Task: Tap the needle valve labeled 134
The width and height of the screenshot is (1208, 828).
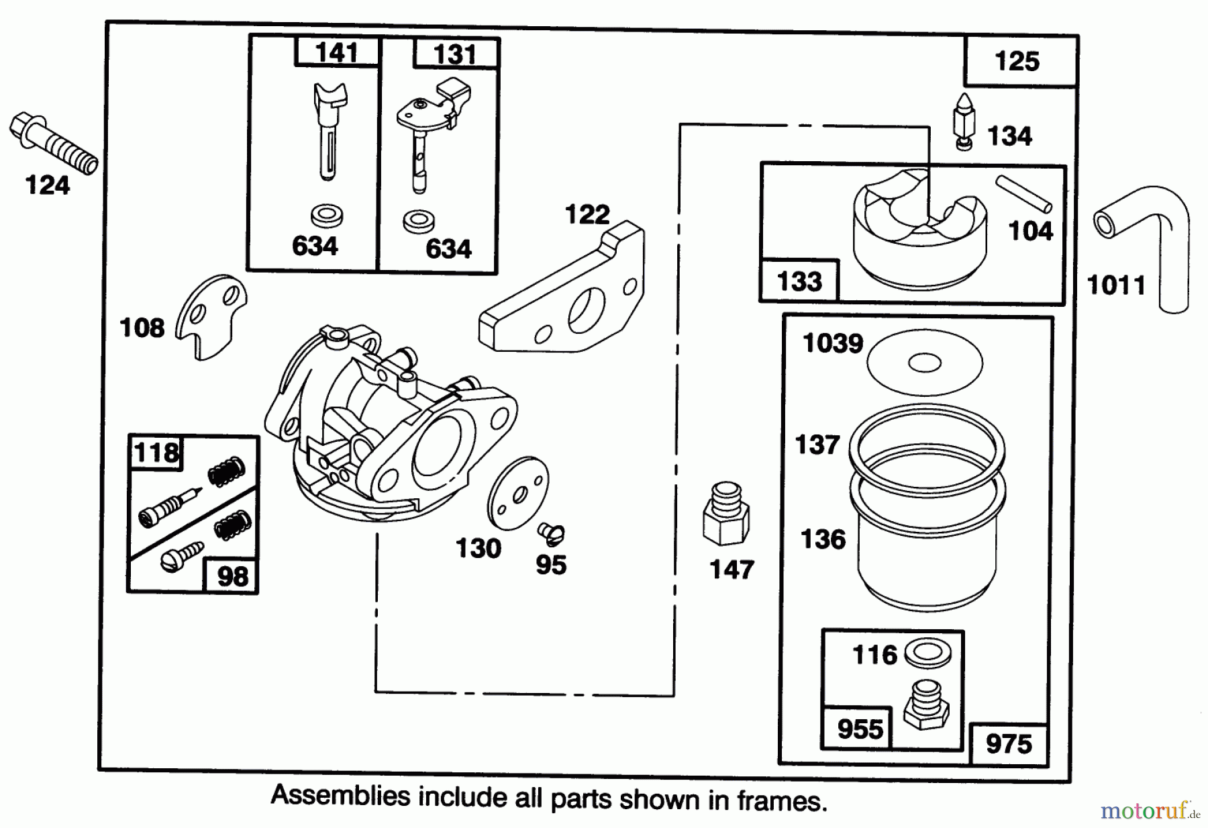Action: pyautogui.click(x=964, y=121)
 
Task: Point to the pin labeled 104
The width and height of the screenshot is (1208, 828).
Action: pyautogui.click(x=1023, y=193)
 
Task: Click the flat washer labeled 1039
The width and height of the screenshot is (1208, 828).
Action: pyautogui.click(x=924, y=363)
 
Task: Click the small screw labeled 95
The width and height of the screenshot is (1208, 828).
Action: pyautogui.click(x=550, y=534)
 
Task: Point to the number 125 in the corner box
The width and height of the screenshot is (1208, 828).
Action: pyautogui.click(x=1017, y=62)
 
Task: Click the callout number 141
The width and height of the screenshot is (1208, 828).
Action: pyautogui.click(x=336, y=52)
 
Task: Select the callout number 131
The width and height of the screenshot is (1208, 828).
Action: pyautogui.click(x=454, y=54)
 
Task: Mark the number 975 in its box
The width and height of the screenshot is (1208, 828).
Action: pyautogui.click(x=1009, y=743)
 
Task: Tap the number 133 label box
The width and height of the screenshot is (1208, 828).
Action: pyautogui.click(x=799, y=281)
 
